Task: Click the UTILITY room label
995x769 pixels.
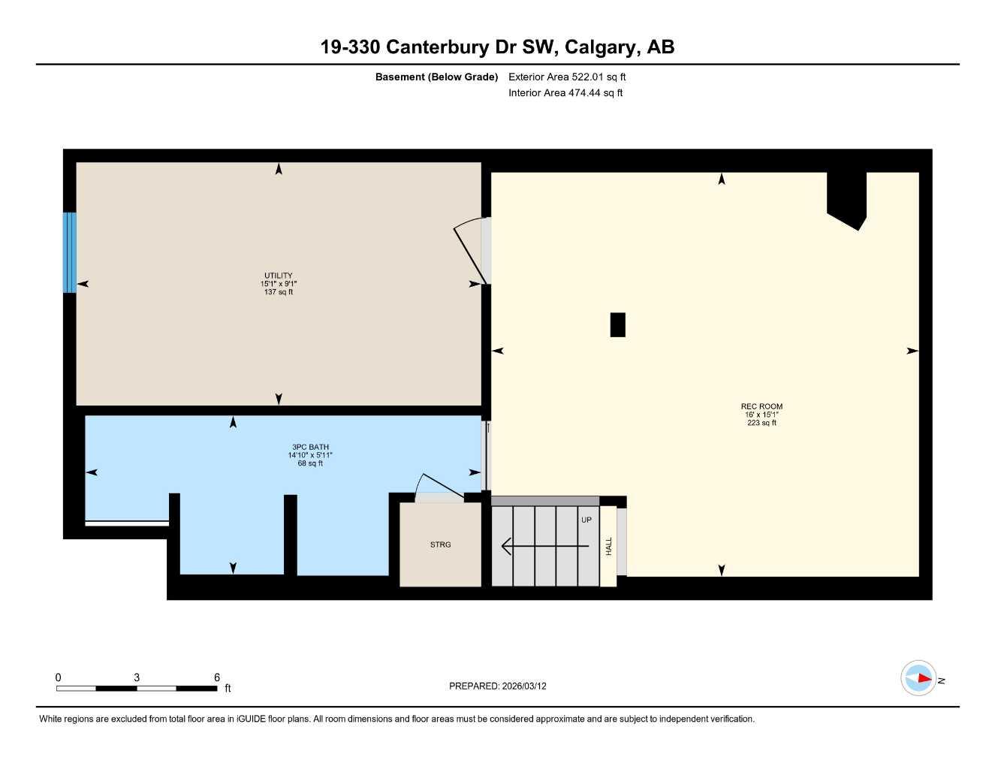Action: [278, 276]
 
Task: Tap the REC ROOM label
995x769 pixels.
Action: [761, 406]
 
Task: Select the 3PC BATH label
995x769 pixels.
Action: [310, 447]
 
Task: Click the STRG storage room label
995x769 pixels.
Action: [440, 544]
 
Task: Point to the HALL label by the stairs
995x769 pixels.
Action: [609, 546]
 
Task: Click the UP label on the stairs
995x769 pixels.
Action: [586, 520]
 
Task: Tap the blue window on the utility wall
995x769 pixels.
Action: [69, 252]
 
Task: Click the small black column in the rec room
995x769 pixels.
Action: [617, 325]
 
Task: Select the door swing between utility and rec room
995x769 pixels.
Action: [472, 250]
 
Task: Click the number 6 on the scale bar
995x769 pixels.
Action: [217, 677]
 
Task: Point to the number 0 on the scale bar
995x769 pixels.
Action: [59, 677]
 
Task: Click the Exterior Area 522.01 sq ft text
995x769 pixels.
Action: [567, 77]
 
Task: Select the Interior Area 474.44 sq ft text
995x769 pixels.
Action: [565, 93]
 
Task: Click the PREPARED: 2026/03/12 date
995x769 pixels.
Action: [498, 686]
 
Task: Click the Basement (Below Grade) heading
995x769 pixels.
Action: [436, 77]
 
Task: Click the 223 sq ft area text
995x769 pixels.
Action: [761, 423]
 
